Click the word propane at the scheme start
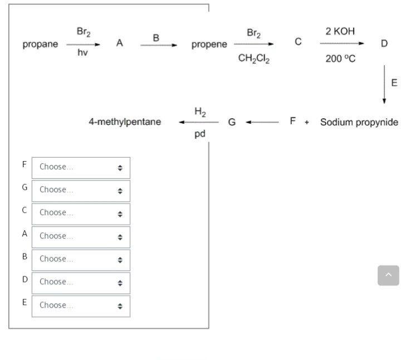pyautogui.click(x=40, y=45)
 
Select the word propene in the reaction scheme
pyautogui.click(x=209, y=45)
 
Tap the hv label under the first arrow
pyautogui.click(x=82, y=53)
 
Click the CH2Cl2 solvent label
pyautogui.click(x=253, y=59)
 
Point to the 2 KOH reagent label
pyautogui.click(x=340, y=31)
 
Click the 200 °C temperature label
pyautogui.click(x=340, y=59)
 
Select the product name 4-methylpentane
pyautogui.click(x=125, y=121)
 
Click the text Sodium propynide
pyautogui.click(x=359, y=122)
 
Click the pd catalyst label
pyautogui.click(x=200, y=134)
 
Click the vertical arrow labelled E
pyautogui.click(x=384, y=84)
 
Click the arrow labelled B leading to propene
pyautogui.click(x=158, y=45)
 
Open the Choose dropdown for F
pyautogui.click(x=81, y=167)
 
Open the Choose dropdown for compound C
pyautogui.click(x=81, y=213)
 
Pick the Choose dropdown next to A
pyautogui.click(x=81, y=236)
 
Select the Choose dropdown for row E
pyautogui.click(x=81, y=305)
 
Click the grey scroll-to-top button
pyautogui.click(x=388, y=275)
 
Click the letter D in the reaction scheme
pyautogui.click(x=384, y=43)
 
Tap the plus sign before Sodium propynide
pyautogui.click(x=306, y=122)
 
